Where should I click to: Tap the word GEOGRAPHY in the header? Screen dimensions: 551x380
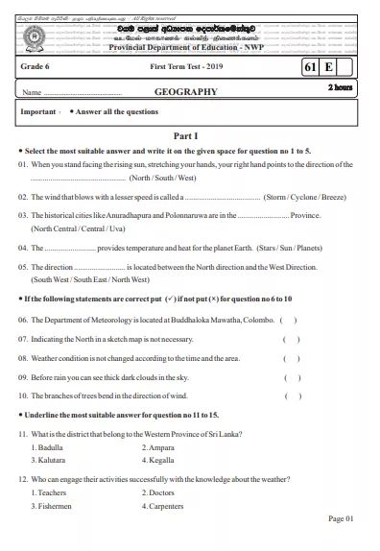[186, 92]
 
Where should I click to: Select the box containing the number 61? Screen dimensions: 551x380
[309, 68]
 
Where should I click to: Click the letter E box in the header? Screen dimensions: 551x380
[328, 68]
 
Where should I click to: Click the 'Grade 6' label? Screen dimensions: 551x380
[36, 68]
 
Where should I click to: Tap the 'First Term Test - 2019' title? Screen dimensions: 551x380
[184, 68]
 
